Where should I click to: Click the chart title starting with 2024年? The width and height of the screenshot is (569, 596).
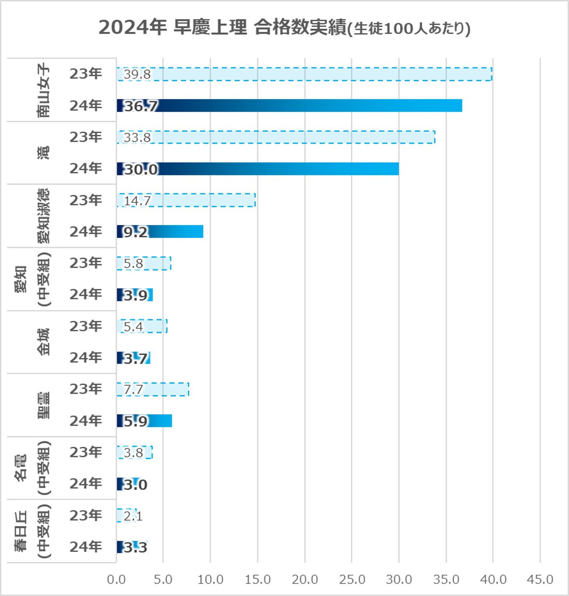tap(284, 28)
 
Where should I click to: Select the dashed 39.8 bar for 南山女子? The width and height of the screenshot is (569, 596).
tap(304, 74)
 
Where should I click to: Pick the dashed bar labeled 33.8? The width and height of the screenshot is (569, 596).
tap(276, 137)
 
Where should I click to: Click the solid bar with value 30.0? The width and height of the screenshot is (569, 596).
tap(258, 169)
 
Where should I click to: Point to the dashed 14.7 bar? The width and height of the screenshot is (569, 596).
tap(186, 200)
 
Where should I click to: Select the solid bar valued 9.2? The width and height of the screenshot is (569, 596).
tap(160, 232)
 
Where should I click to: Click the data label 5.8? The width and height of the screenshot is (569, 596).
tap(133, 264)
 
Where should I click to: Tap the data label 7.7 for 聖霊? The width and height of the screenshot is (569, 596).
tap(133, 389)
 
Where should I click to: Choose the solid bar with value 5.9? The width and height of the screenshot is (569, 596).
tap(144, 421)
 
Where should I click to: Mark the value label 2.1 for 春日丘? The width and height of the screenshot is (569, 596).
tap(133, 516)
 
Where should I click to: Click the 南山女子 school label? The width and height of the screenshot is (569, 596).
tap(43, 90)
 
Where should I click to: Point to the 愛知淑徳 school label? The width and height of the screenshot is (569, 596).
tap(43, 216)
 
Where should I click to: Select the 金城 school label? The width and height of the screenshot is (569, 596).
tap(43, 342)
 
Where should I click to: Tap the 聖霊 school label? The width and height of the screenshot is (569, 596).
tap(43, 405)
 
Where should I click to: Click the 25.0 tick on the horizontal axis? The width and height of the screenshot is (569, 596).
tap(352, 580)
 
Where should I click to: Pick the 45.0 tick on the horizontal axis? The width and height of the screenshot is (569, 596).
tap(540, 580)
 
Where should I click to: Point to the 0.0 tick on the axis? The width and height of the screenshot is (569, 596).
tap(116, 580)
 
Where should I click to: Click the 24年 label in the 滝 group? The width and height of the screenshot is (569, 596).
tap(86, 168)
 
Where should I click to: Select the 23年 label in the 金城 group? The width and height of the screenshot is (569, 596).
tap(86, 326)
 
